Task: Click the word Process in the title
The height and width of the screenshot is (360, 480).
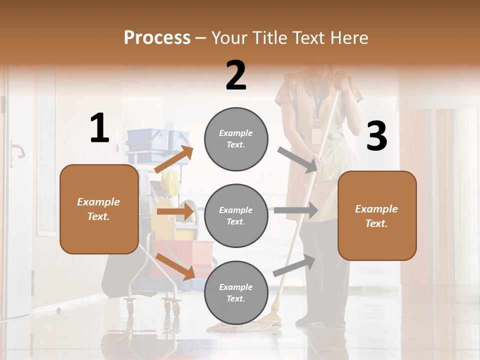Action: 157,37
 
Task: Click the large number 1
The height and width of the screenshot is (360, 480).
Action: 99,128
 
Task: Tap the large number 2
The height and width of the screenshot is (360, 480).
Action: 236,75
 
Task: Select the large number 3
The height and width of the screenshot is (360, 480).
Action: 376,136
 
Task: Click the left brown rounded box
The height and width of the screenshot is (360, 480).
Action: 99,209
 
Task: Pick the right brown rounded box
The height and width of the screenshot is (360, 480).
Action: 377,215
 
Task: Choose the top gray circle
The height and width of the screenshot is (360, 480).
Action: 236,139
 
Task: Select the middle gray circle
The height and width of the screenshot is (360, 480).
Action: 236,215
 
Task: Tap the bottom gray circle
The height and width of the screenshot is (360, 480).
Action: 236,292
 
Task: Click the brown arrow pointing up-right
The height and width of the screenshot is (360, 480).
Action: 174,159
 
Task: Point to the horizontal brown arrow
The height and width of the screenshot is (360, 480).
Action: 175,211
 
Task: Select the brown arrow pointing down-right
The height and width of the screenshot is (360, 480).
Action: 175,266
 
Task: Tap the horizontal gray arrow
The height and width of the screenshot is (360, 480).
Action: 295,210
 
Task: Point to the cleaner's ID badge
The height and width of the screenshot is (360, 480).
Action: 316,135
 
